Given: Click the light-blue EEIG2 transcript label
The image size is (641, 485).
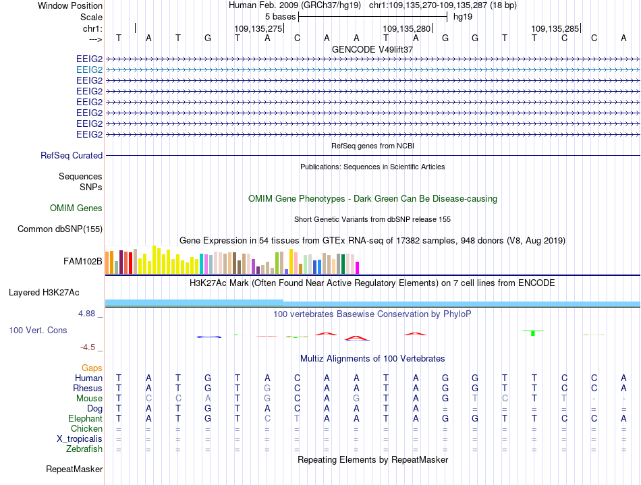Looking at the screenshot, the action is click(x=89, y=70).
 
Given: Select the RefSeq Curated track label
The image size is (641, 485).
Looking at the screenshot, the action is click(x=72, y=156).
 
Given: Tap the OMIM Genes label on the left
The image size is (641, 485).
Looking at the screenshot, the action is click(x=76, y=208).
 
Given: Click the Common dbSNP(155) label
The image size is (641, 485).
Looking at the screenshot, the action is click(x=60, y=229).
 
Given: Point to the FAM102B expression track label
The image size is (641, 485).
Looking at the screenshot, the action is click(x=82, y=262).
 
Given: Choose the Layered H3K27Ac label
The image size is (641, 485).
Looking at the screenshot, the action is click(x=44, y=293).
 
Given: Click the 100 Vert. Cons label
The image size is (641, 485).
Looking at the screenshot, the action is click(x=38, y=330).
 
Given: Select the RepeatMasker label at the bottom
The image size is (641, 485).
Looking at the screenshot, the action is click(x=74, y=469).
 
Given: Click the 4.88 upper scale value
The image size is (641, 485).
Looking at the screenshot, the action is click(x=86, y=314).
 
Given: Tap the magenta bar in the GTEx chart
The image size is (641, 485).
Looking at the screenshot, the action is click(x=358, y=268).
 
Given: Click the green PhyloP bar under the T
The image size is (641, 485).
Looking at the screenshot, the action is click(x=533, y=333).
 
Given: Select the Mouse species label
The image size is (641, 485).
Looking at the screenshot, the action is click(x=89, y=399).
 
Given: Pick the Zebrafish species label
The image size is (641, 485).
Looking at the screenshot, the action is click(x=84, y=449).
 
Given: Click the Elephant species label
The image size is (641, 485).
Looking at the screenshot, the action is click(x=86, y=419).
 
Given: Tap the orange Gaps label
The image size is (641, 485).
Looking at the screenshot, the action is click(x=92, y=368).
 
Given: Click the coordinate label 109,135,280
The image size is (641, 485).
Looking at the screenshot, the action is click(x=407, y=28).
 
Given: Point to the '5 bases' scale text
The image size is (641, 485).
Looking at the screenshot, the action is click(x=281, y=17).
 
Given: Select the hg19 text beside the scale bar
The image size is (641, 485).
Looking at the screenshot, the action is click(x=463, y=17).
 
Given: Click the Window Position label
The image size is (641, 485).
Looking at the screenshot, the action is click(x=70, y=5).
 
